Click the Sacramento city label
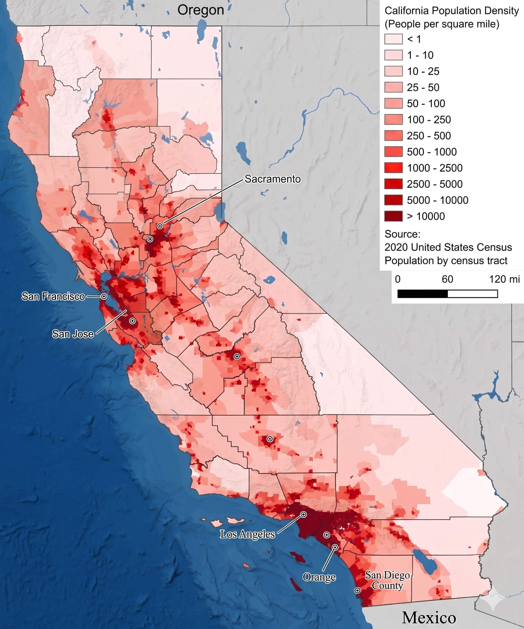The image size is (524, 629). coord(273,179)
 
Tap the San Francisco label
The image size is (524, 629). coord(53,296)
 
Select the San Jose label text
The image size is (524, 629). coord(73,334)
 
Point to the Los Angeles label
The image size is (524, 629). coord(247,534)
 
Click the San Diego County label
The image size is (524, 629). coord(387,580)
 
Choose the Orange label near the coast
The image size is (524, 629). coord(319,577)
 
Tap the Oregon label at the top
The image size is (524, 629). coord(201,10)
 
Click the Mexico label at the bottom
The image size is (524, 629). coord(429,618)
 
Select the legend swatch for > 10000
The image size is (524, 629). coord(394,216)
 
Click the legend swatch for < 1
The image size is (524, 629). coord(394,39)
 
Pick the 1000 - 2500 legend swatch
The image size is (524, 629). coord(394,168)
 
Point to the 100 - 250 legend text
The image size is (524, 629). coord(429,120)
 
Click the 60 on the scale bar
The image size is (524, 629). coord(447,279)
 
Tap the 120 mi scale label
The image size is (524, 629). coord(504,279)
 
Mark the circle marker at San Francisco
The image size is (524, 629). coord(104,296)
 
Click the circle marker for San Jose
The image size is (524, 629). coord(132,321)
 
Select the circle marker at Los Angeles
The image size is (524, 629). coord(303,514)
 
